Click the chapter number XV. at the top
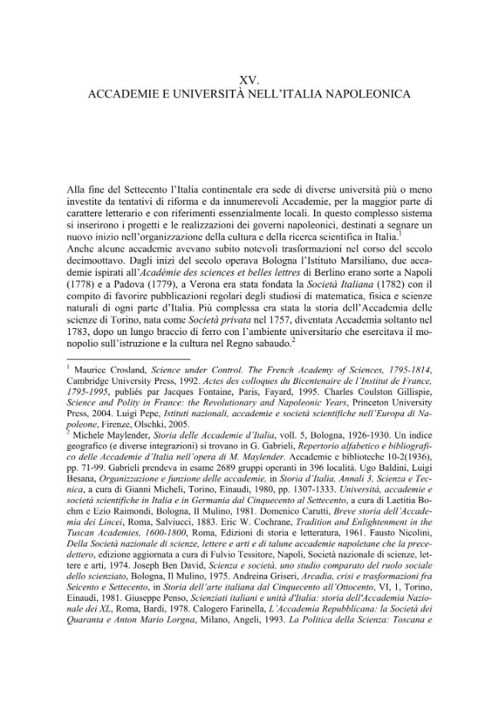[x=249, y=79]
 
